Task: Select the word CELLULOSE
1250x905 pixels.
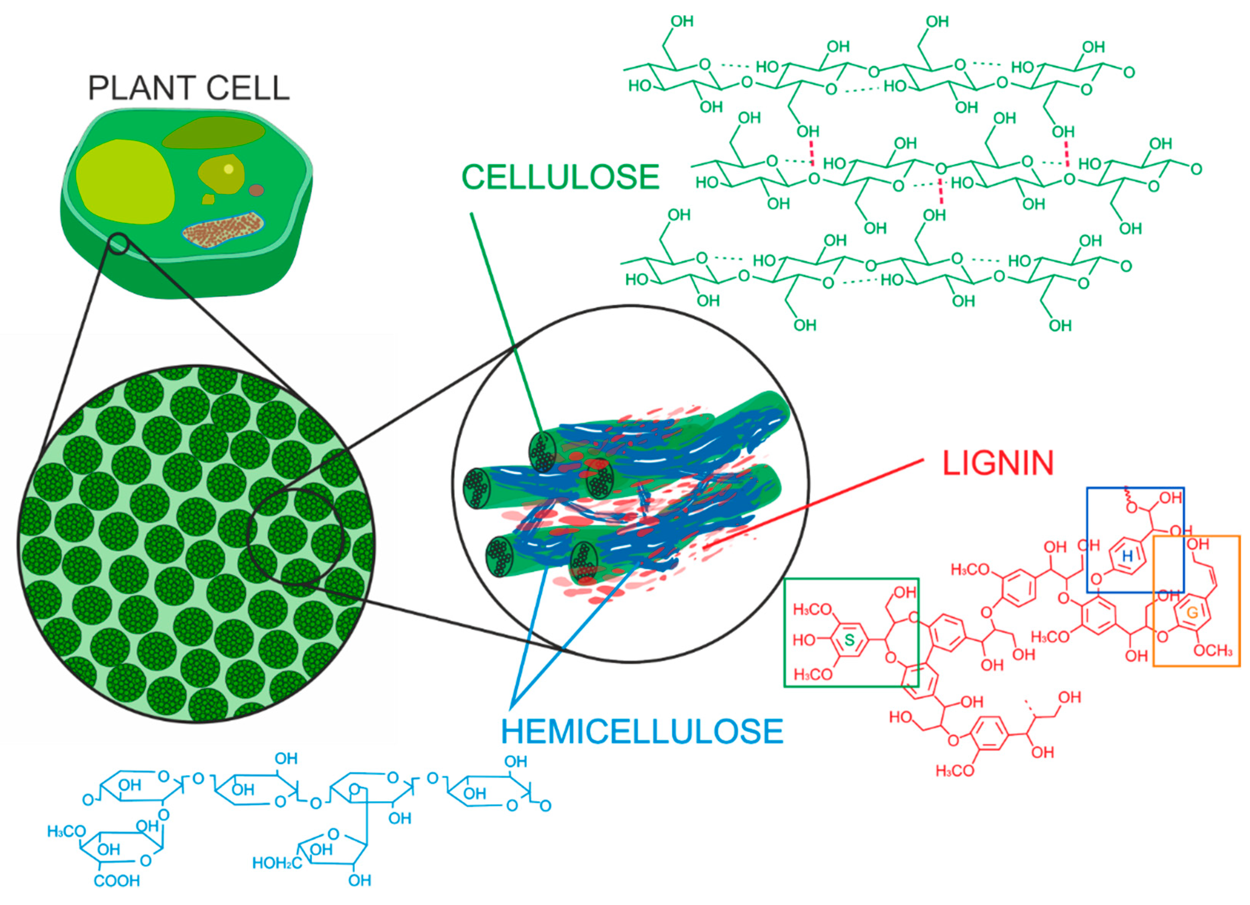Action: (560, 177)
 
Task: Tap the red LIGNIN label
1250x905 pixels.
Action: (997, 463)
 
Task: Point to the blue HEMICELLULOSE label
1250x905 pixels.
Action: (642, 731)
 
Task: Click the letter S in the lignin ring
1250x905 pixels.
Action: (849, 640)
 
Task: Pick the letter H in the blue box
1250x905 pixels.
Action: (1127, 556)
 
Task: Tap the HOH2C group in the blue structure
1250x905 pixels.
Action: (276, 863)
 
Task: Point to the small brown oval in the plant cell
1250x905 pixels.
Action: (256, 191)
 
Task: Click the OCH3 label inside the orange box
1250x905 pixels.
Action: (1213, 651)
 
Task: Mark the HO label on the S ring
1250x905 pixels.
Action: (803, 640)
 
